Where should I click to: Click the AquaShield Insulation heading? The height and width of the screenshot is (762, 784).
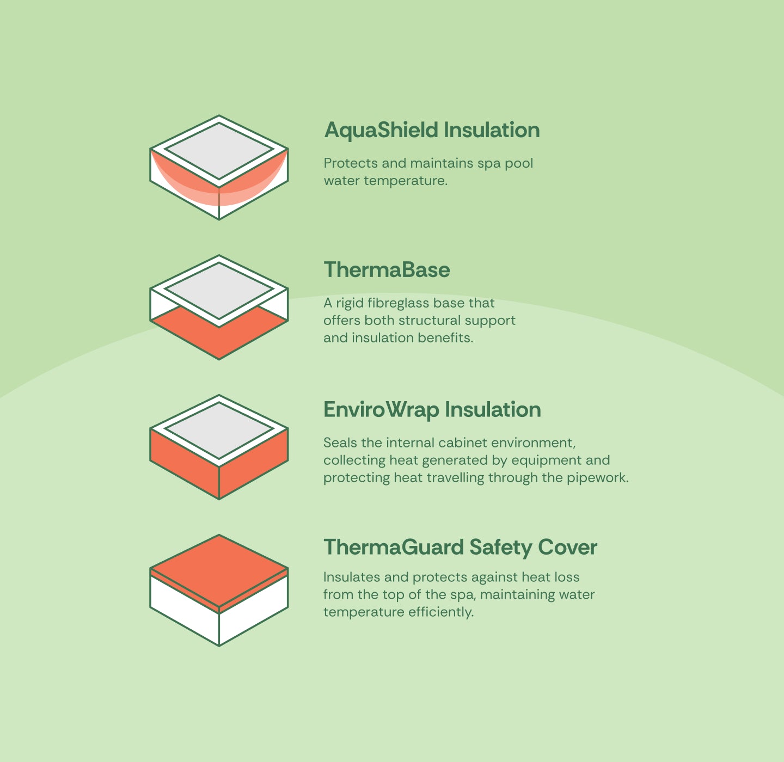(x=432, y=130)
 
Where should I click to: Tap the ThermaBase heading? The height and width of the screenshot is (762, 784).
(x=387, y=269)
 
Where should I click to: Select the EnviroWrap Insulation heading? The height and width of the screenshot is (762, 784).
(x=432, y=410)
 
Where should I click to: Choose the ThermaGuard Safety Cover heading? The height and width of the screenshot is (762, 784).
(x=461, y=548)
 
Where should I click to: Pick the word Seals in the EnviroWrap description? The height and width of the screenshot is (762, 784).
(x=340, y=443)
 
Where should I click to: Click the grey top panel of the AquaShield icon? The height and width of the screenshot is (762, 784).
(x=219, y=151)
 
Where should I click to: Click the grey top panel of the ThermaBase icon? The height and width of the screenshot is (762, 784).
(x=219, y=291)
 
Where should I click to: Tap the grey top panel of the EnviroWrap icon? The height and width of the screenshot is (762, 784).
(x=219, y=430)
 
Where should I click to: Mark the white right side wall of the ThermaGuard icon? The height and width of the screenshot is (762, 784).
(x=254, y=607)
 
